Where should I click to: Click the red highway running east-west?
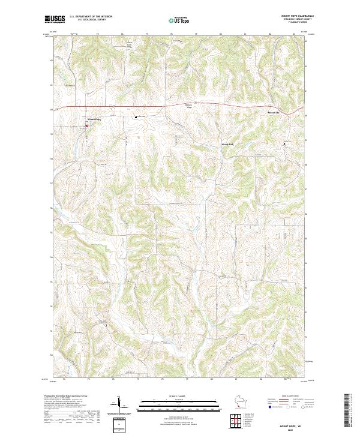(x=180, y=106)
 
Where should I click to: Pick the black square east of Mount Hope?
(x=136, y=117)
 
